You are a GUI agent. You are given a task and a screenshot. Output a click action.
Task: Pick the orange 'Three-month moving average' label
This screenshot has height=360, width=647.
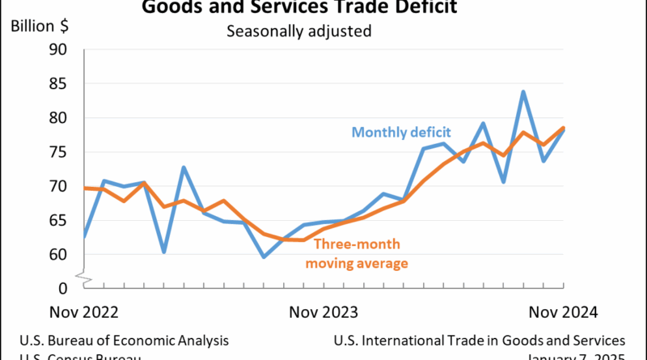click(355, 252)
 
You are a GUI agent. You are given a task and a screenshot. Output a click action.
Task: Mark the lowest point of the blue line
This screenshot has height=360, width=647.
click(264, 257)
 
